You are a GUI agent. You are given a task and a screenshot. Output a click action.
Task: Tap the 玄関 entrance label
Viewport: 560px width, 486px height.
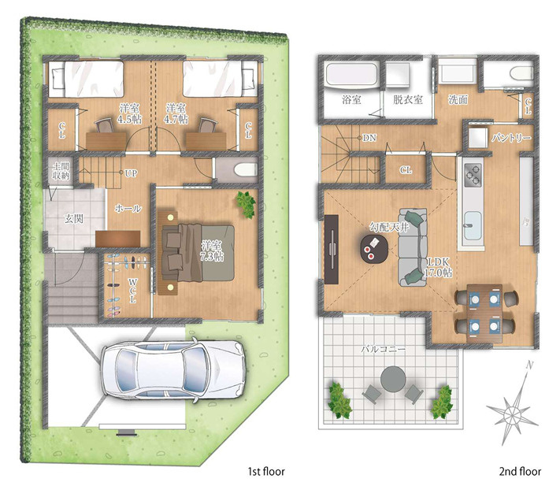(74, 218)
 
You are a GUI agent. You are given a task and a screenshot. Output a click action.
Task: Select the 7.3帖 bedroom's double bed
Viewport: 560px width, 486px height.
(198, 253)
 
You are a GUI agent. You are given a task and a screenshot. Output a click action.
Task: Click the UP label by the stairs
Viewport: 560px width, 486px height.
(131, 173)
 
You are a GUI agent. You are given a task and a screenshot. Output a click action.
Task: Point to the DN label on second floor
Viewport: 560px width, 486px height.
(369, 138)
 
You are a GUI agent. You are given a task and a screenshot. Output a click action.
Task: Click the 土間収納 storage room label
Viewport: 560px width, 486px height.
(61, 171)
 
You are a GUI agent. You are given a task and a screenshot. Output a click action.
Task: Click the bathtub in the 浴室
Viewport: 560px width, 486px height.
(352, 76)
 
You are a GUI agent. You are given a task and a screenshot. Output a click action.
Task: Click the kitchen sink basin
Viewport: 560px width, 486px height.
(473, 226)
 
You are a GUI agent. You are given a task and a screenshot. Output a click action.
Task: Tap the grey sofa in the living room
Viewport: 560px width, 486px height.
(413, 247)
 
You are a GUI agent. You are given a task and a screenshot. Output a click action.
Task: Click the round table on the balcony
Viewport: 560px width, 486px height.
(393, 380)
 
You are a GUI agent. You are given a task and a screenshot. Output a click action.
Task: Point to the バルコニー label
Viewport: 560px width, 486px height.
(383, 349)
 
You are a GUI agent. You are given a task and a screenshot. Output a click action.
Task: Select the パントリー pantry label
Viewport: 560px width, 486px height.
(511, 138)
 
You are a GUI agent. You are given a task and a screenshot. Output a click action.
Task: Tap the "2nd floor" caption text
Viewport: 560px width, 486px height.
(520, 472)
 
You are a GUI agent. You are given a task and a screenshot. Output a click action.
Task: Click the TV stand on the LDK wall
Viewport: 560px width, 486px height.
(332, 249)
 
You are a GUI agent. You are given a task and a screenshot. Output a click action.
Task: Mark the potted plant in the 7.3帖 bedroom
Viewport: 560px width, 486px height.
(246, 204)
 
